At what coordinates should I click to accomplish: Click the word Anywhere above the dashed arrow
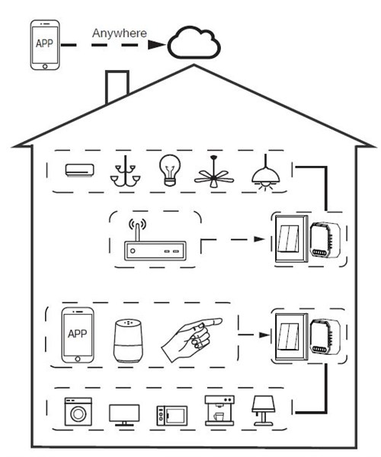pos(119,34)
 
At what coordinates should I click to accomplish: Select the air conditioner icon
pos(79,170)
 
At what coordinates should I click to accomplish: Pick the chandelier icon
pos(125,171)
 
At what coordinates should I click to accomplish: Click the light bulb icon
pos(170,170)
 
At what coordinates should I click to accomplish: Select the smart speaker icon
pos(128,341)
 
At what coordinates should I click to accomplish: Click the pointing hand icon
pos(191,339)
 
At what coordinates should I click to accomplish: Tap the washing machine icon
pos(78,411)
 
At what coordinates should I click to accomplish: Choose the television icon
pos(124,415)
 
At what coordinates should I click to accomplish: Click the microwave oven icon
pos(172,416)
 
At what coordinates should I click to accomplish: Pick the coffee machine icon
pos(219,411)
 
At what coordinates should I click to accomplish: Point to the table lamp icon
pos(263,411)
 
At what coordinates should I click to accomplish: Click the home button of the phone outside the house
pos(45,66)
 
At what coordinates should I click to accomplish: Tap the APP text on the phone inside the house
pos(77,334)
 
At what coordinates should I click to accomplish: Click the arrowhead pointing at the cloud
pos(157,45)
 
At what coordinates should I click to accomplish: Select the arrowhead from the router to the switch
pos(259,239)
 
